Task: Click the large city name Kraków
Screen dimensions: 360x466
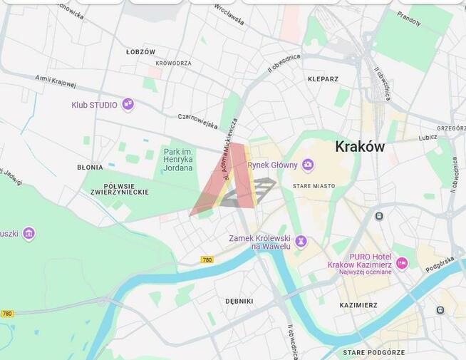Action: click(360, 147)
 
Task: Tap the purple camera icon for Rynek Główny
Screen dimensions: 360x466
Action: click(308, 165)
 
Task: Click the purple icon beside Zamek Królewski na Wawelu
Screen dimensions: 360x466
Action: click(301, 242)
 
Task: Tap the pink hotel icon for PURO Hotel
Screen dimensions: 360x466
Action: click(402, 264)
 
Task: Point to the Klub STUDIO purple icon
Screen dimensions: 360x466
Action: click(128, 105)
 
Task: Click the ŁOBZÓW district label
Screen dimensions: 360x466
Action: click(140, 52)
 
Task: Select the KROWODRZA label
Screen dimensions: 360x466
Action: click(173, 63)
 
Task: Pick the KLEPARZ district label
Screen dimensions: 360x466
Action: click(323, 79)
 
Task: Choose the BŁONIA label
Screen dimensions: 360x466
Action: click(90, 168)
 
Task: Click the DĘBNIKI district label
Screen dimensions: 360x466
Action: click(239, 301)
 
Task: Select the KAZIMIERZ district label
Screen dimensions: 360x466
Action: click(358, 305)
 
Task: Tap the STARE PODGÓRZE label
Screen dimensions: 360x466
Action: click(373, 352)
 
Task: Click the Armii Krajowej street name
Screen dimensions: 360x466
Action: click(56, 82)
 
